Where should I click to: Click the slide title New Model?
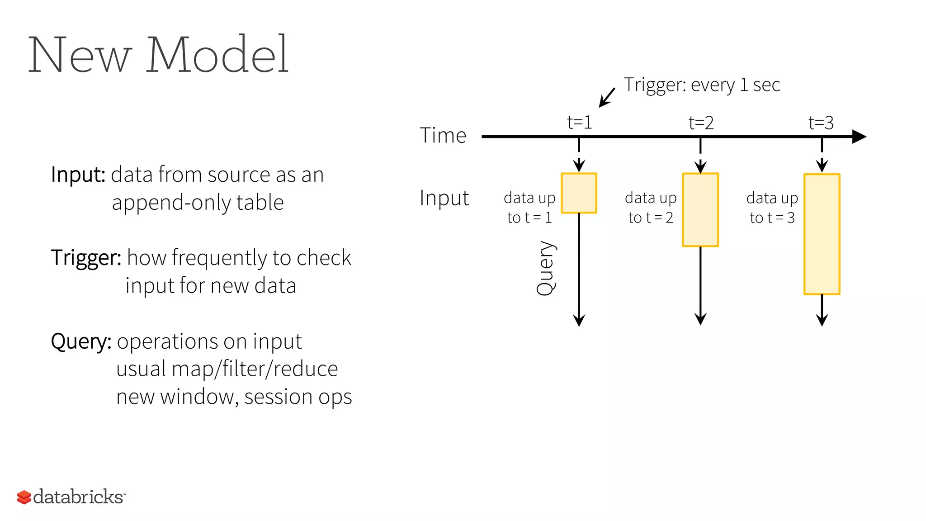(158, 55)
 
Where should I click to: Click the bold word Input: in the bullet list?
(78, 175)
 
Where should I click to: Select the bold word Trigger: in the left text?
(86, 258)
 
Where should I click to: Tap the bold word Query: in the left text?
(81, 341)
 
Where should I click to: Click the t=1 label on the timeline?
(579, 123)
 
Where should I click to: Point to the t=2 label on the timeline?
(701, 123)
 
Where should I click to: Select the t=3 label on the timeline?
(821, 123)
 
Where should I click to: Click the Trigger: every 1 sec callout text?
(702, 85)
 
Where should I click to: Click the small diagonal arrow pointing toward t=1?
(607, 98)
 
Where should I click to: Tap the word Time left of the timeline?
(443, 136)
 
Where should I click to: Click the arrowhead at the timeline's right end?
(859, 137)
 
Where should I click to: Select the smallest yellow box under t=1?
(579, 193)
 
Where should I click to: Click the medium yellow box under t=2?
(700, 210)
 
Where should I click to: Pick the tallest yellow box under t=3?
(822, 234)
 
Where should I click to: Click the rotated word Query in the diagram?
(546, 269)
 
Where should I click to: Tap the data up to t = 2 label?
(651, 208)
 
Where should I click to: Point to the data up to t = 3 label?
(772, 208)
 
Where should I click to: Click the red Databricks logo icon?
(24, 497)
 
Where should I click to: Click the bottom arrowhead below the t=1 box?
(579, 321)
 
